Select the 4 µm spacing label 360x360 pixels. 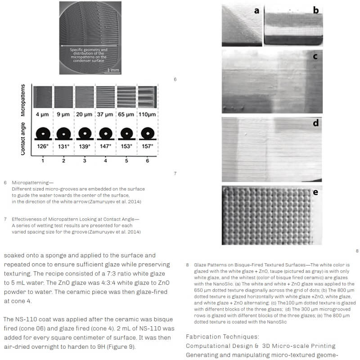click(x=42, y=115)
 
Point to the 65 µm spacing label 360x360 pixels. click(x=126, y=115)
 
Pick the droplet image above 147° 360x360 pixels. click(x=105, y=133)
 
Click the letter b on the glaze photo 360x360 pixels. click(x=316, y=10)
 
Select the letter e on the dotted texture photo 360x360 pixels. click(x=315, y=193)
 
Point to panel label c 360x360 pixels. click(x=315, y=56)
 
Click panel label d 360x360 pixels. click(x=315, y=123)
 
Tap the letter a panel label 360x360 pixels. click(x=256, y=10)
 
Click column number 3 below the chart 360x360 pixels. click(x=84, y=160)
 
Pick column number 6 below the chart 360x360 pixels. click(x=147, y=160)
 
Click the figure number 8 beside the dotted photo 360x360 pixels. click(x=356, y=251)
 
